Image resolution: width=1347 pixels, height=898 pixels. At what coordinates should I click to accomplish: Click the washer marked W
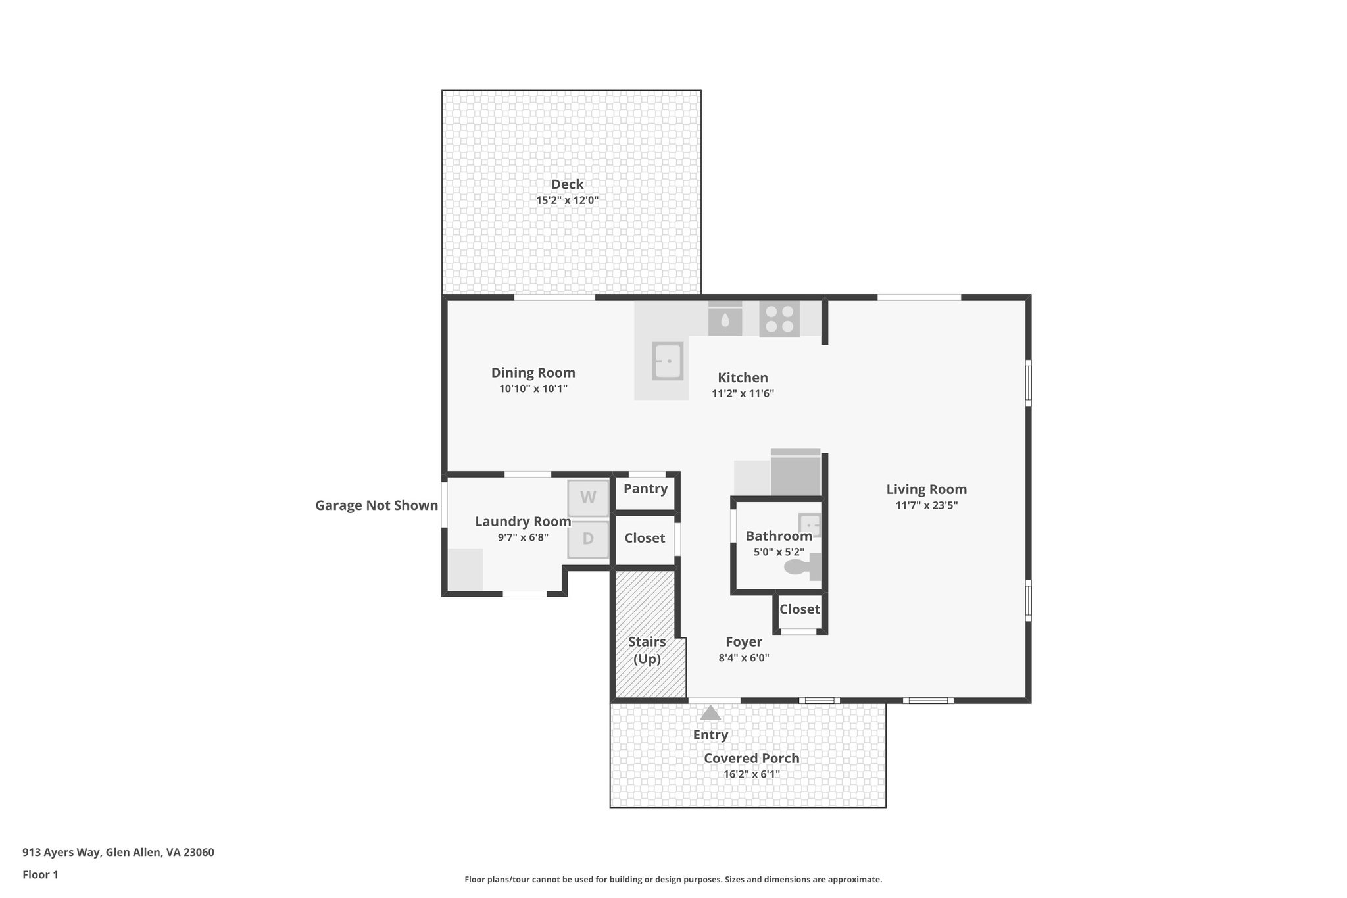point(588,497)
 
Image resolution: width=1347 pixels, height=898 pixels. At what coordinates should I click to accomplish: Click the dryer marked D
point(588,539)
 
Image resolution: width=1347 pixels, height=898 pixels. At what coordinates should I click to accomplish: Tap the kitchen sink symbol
point(668,361)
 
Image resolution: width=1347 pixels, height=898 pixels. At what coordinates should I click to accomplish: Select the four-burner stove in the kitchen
point(779,319)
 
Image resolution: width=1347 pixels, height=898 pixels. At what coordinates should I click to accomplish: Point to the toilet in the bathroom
point(801,566)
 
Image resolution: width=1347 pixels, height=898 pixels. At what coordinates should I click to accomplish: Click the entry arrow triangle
point(710,713)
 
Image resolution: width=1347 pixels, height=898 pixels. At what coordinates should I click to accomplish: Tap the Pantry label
point(645,489)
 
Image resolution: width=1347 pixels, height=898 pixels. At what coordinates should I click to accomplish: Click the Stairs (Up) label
point(647,650)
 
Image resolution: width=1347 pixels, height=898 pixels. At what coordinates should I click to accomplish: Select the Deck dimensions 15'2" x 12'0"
point(567,200)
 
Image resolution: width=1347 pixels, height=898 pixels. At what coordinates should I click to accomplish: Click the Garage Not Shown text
point(376,505)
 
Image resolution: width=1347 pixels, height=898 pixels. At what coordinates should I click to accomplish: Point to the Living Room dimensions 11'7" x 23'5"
point(926,505)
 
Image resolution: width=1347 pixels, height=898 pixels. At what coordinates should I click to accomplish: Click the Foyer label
point(744,642)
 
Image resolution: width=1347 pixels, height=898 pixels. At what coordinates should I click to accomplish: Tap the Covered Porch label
point(751,758)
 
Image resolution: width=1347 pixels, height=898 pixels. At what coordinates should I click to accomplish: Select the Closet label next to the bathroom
point(799,609)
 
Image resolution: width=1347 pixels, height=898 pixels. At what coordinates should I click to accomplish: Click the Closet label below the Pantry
point(645,538)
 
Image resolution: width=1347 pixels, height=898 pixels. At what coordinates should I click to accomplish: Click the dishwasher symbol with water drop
point(725,320)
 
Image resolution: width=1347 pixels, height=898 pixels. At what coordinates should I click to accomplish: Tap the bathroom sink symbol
point(810,525)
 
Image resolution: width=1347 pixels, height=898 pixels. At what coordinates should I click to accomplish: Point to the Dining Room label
point(533,373)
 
